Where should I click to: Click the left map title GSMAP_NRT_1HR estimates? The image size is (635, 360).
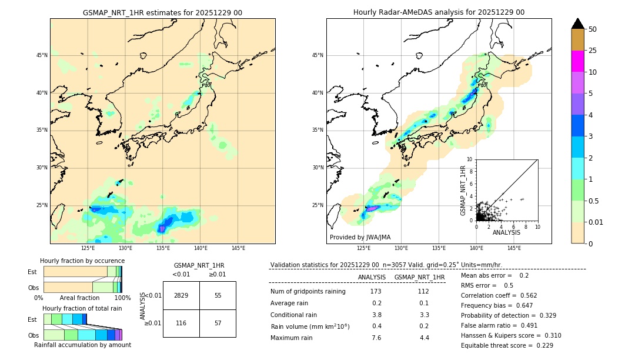pos(162,12)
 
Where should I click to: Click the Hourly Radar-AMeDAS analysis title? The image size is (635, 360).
pos(439,12)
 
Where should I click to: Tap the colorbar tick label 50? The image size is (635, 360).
pos(593,29)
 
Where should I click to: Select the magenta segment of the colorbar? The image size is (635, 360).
pos(577,61)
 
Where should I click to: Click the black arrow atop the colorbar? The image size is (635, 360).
pos(577,23)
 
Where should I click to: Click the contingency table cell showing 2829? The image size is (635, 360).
pos(181,295)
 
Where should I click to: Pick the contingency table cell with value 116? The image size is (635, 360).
pos(181,324)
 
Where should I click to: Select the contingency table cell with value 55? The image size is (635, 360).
pos(218,295)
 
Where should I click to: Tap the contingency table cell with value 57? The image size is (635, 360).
pos(218,324)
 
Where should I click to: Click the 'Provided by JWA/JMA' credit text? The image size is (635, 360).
pos(360,237)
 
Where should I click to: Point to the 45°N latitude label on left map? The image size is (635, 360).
pos(42,55)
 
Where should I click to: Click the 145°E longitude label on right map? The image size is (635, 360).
pos(514,248)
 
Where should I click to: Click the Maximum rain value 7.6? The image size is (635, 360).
pos(376,338)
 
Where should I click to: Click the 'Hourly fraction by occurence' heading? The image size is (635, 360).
pos(82,261)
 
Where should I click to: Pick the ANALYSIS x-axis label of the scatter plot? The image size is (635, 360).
pos(506,232)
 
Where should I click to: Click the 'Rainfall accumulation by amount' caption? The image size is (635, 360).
pos(82,345)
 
